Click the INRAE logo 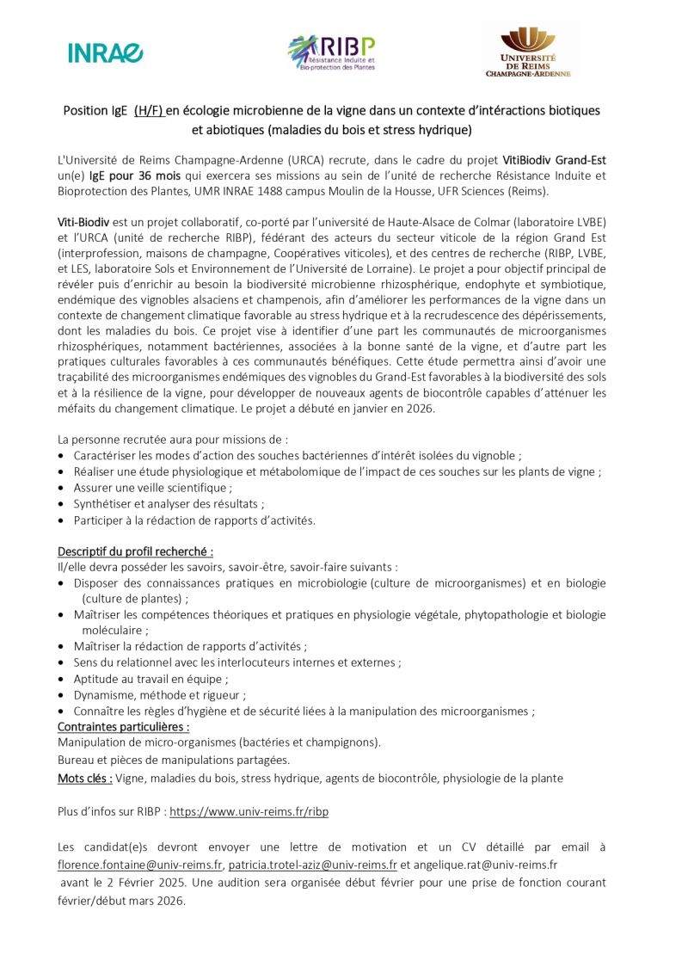pyautogui.click(x=106, y=52)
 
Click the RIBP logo pyautogui.click(x=331, y=53)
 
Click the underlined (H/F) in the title pyautogui.click(x=149, y=110)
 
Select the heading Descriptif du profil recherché pyautogui.click(x=135, y=551)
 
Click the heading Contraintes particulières pyautogui.click(x=123, y=727)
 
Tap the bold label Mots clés pyautogui.click(x=84, y=778)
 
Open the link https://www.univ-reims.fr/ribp pyautogui.click(x=249, y=811)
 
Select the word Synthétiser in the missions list pyautogui.click(x=103, y=504)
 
